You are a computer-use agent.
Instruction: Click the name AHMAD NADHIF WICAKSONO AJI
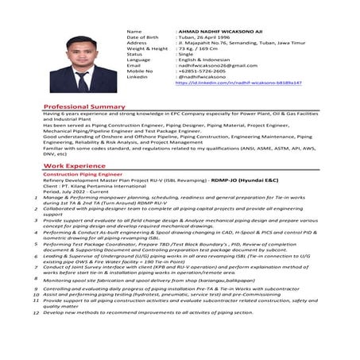(219, 31)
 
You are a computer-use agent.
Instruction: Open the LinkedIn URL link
(238, 83)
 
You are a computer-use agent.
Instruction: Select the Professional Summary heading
(84, 106)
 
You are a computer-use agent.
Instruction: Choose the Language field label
(138, 60)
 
